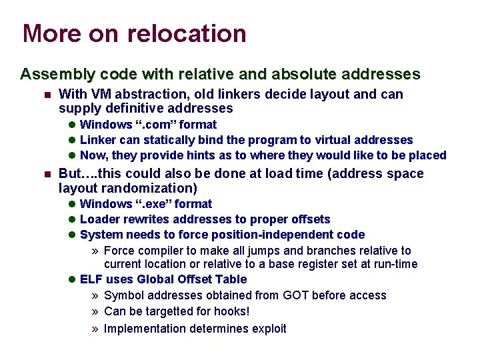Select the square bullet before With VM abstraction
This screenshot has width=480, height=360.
(x=46, y=95)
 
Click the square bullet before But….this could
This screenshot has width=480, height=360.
(x=46, y=174)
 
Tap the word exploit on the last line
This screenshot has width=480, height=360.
(x=267, y=328)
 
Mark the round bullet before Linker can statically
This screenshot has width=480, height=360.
(x=73, y=140)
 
